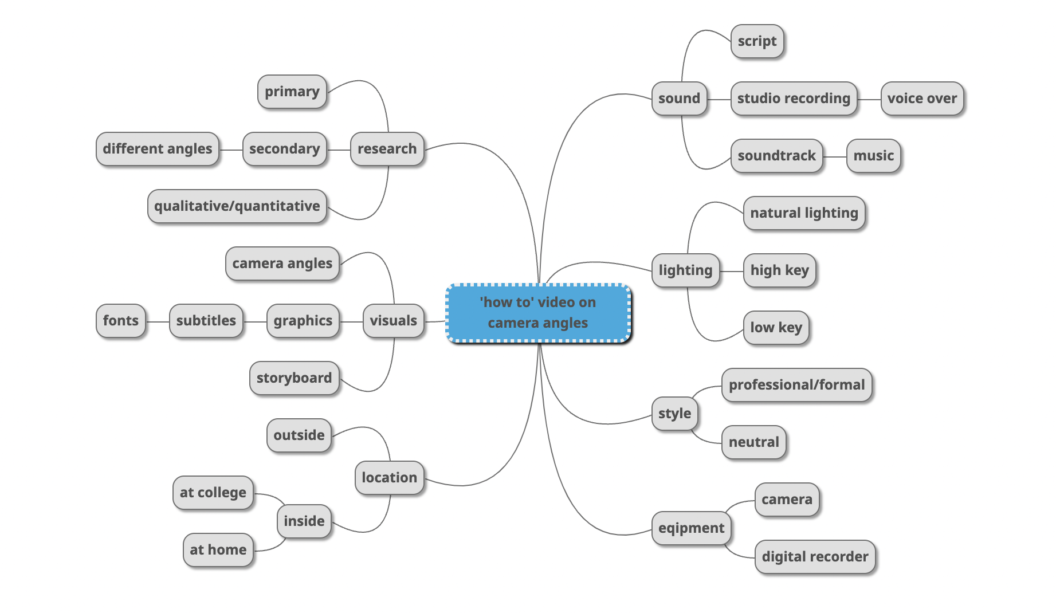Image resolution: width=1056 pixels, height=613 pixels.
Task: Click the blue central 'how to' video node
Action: (x=538, y=313)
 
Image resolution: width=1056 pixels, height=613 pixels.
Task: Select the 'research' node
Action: (x=387, y=149)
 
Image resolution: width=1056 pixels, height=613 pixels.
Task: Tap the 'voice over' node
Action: (x=922, y=99)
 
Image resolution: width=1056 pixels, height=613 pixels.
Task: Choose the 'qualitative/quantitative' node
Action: (x=237, y=206)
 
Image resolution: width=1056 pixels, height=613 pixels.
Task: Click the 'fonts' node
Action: (x=120, y=321)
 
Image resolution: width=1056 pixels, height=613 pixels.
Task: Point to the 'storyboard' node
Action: (x=294, y=378)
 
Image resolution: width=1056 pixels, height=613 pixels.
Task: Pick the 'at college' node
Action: (x=213, y=493)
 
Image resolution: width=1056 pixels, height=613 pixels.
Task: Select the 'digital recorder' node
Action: (x=815, y=557)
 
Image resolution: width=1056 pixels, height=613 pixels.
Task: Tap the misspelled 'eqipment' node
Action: (x=691, y=528)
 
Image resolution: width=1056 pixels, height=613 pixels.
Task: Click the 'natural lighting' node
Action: (x=804, y=213)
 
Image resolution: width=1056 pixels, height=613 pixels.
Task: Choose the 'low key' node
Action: (x=776, y=328)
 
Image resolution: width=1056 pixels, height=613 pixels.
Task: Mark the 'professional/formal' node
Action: (x=796, y=385)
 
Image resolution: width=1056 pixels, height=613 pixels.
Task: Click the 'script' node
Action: (x=757, y=41)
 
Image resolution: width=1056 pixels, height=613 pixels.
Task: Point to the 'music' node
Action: (x=873, y=156)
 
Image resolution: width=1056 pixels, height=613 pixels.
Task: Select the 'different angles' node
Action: (x=157, y=149)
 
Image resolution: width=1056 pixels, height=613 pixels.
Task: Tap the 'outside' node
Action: (x=299, y=435)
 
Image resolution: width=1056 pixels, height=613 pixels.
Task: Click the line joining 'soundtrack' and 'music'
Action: (x=835, y=156)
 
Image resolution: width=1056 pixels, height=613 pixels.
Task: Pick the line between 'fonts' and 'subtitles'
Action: (x=158, y=321)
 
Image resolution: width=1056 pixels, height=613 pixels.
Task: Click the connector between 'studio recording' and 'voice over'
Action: (x=869, y=99)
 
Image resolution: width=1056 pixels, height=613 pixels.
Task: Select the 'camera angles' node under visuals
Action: (x=282, y=264)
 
